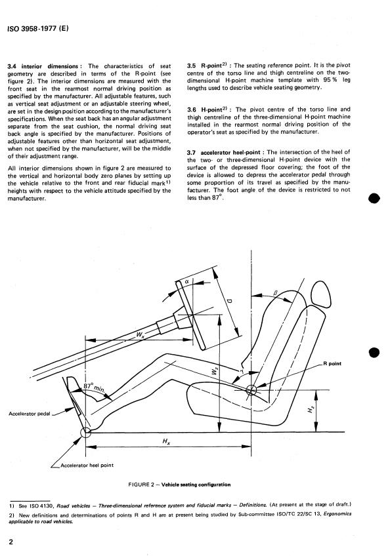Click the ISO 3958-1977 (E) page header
(x=37, y=29)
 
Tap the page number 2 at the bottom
(x=11, y=542)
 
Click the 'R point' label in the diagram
(x=332, y=363)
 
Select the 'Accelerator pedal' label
(x=30, y=414)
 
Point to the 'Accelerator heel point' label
(x=87, y=465)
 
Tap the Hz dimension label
(x=310, y=410)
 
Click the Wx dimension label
(x=141, y=334)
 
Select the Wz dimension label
(x=214, y=371)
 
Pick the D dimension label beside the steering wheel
(x=229, y=301)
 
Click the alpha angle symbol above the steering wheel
(x=188, y=281)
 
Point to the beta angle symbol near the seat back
(x=275, y=292)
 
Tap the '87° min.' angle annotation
(x=95, y=387)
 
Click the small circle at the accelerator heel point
(x=85, y=432)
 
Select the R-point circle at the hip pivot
(x=251, y=390)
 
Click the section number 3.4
(x=12, y=66)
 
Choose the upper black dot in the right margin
(x=374, y=198)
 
